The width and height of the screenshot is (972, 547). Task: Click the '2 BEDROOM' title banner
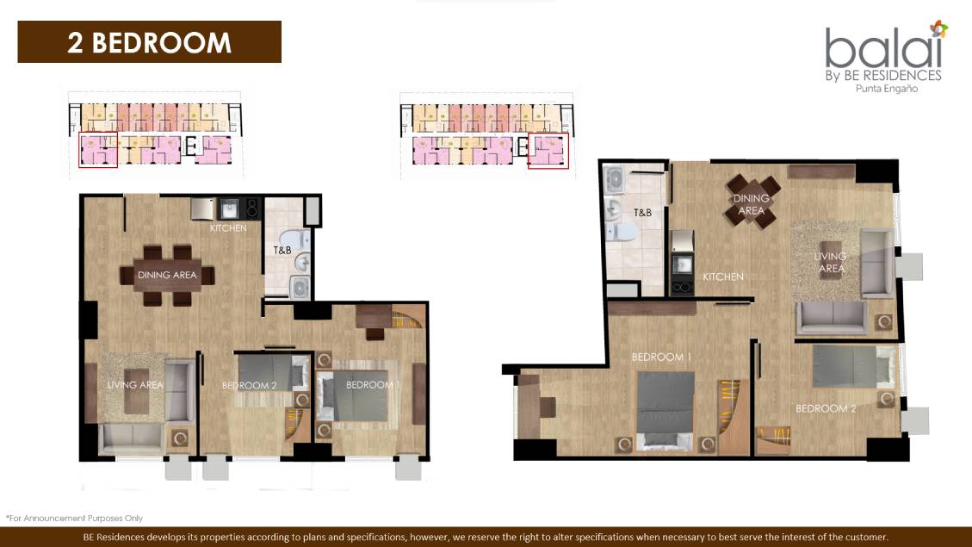click(149, 42)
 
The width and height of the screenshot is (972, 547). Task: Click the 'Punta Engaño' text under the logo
click(897, 90)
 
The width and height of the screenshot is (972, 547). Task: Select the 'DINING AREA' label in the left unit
click(167, 275)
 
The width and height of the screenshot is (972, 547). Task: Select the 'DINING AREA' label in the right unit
click(751, 204)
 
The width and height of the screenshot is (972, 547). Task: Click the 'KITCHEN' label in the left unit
click(228, 228)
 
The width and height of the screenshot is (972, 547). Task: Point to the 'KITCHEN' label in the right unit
click(722, 277)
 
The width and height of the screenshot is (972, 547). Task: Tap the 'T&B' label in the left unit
click(282, 251)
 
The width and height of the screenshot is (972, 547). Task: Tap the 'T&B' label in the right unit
click(642, 212)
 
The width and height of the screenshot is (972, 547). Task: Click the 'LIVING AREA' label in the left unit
click(134, 384)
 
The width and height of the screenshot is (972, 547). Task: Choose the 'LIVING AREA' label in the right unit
click(831, 262)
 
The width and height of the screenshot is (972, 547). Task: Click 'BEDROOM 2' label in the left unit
click(249, 385)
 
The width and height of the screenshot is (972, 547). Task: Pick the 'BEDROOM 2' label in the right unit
click(826, 408)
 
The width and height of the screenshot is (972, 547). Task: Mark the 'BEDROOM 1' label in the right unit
click(661, 357)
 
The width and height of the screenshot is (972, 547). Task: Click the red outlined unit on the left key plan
click(98, 150)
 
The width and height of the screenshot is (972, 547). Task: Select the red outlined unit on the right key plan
click(548, 150)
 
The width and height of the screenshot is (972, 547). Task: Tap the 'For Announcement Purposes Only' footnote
click(74, 518)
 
